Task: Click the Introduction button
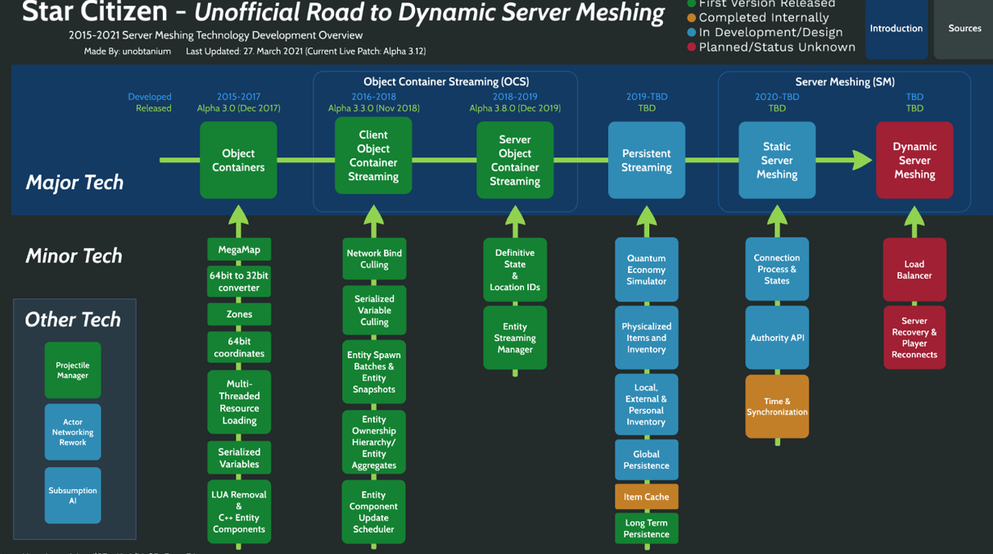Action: (x=896, y=29)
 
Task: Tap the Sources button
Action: (x=964, y=29)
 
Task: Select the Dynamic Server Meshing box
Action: (x=914, y=161)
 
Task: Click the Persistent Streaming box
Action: (x=646, y=161)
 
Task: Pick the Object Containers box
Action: (x=238, y=161)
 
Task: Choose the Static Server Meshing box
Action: (x=777, y=161)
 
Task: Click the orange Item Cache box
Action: (x=646, y=497)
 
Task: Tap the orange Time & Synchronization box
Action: (x=777, y=406)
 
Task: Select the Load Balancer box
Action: (x=914, y=270)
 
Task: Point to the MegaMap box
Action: (x=239, y=249)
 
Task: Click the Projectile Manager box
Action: (x=73, y=370)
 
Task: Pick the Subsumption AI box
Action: (x=73, y=495)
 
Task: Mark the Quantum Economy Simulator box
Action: (x=646, y=270)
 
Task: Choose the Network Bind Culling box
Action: (x=374, y=259)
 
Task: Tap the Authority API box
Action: (x=777, y=338)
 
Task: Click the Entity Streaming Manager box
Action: (x=515, y=338)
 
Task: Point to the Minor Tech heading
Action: (x=74, y=256)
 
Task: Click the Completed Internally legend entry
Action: (x=758, y=17)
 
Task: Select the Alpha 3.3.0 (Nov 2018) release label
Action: (x=373, y=108)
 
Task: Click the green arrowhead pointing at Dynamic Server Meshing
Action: (x=860, y=160)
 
